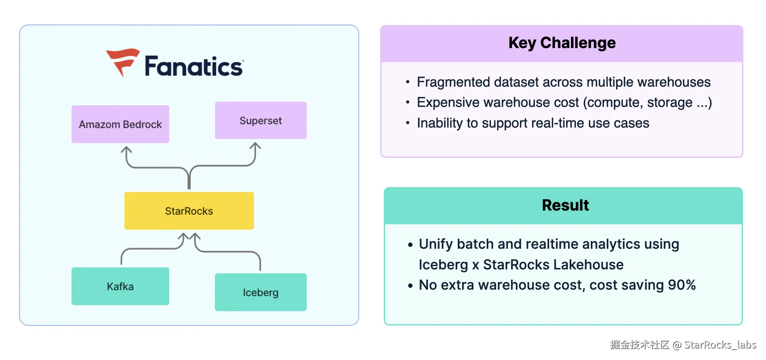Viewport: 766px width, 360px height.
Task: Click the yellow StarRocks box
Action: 189,211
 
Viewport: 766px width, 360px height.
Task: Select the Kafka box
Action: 120,286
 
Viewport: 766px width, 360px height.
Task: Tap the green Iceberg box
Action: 261,292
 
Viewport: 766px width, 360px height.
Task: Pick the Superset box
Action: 261,120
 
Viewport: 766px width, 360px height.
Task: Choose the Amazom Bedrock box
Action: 120,124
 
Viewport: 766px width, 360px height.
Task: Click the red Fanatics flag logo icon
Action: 123,62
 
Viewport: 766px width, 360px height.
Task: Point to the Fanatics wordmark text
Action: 194,66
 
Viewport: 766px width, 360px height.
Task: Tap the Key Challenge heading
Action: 562,43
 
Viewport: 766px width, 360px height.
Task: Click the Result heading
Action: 565,205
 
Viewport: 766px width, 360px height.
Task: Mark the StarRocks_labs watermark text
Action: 720,345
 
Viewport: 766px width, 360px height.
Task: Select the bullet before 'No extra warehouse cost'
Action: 410,286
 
